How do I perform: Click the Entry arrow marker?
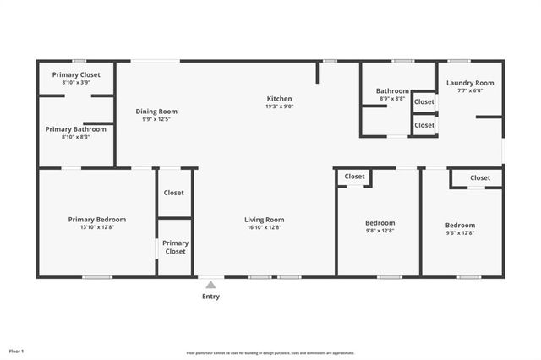coord(210,285)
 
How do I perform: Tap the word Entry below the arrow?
coord(210,297)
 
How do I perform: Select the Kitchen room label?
coord(280,99)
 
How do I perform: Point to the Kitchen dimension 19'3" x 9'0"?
coord(280,107)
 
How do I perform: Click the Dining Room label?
coord(156,111)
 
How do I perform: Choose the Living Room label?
coord(264,220)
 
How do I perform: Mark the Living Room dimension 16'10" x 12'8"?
coord(264,227)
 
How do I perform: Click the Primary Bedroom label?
coord(96,220)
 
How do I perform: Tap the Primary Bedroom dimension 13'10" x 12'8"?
coord(96,227)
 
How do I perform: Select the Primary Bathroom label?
coord(76,129)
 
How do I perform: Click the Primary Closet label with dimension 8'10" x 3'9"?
coord(76,74)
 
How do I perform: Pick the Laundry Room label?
coord(470,83)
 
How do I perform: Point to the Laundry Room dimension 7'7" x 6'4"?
coord(470,90)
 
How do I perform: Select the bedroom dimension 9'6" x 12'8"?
coord(460,233)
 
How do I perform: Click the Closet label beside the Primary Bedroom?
coord(173,193)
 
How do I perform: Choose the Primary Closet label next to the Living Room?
coord(175,247)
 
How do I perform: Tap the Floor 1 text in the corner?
coord(16,351)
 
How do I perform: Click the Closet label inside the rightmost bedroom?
coord(480,177)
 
